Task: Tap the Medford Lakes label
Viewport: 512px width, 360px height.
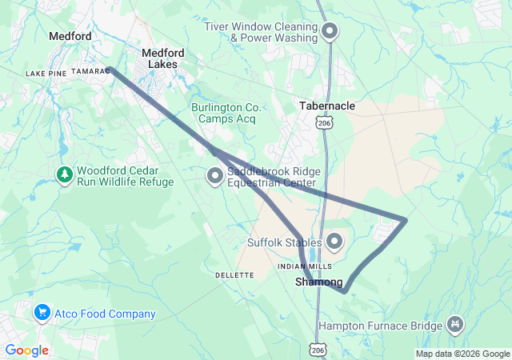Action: (162, 58)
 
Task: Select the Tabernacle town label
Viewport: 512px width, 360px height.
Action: (326, 106)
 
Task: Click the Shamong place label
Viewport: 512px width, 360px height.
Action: (319, 282)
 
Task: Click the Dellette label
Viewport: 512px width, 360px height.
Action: (234, 275)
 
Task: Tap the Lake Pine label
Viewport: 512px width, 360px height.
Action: (46, 74)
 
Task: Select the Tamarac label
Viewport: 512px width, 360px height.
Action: (90, 71)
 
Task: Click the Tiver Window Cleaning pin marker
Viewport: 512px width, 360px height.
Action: (330, 32)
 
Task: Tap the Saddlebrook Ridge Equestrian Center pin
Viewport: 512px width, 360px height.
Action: (215, 176)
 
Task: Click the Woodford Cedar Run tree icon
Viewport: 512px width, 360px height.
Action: (64, 174)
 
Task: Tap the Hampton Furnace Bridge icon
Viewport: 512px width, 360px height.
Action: (455, 325)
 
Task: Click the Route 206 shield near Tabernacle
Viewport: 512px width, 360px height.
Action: (323, 123)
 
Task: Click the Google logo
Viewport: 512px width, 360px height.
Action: (26, 350)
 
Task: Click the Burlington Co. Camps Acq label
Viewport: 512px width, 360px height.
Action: (226, 113)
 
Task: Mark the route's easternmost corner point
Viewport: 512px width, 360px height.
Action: (406, 219)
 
